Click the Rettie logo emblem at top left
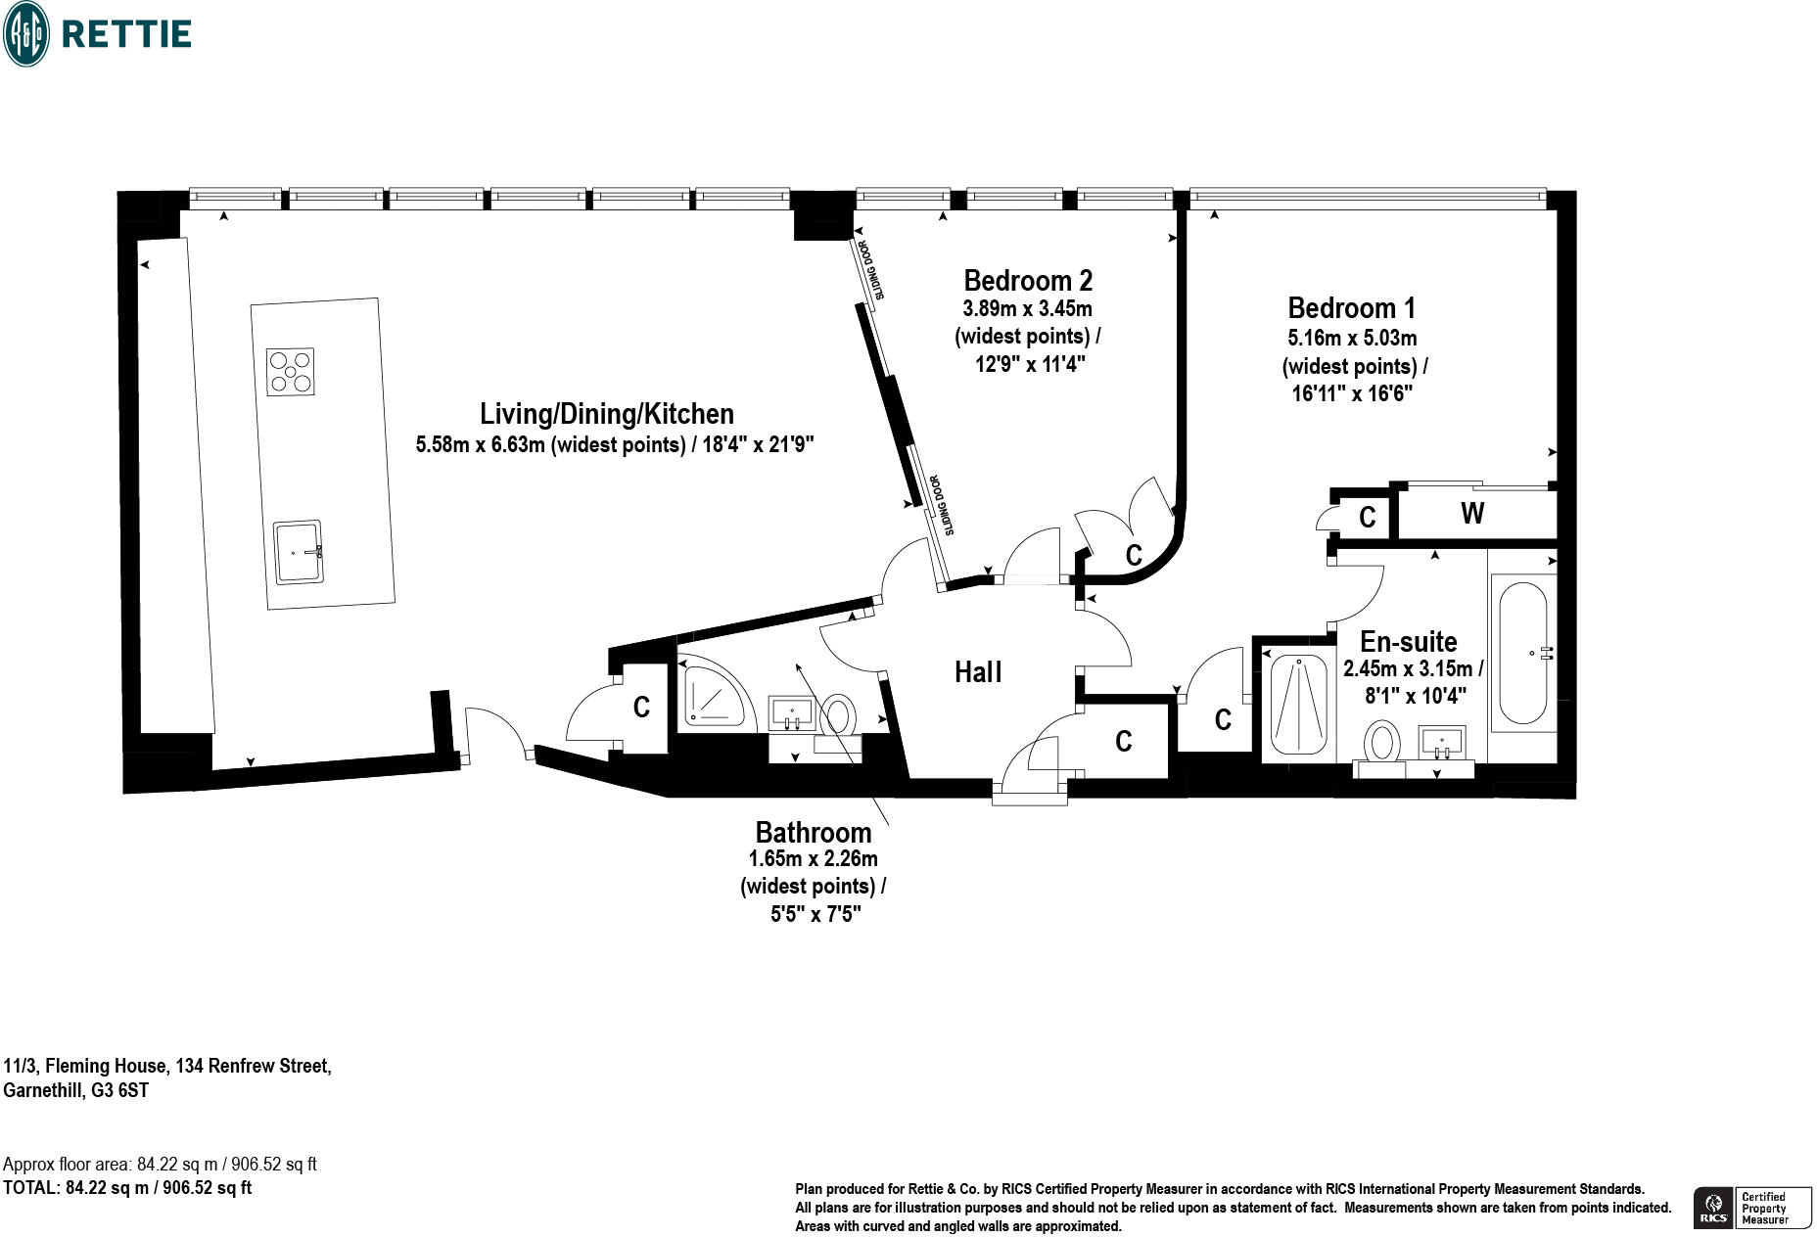(x=25, y=33)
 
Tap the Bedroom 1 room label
(x=1351, y=308)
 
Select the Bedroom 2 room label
(x=1028, y=281)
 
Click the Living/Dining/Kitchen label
(x=606, y=414)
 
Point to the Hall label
(x=978, y=672)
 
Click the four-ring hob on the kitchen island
(x=291, y=372)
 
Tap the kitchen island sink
(x=298, y=552)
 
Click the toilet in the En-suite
(x=1382, y=742)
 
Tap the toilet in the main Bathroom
(x=838, y=715)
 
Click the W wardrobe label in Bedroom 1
(x=1471, y=513)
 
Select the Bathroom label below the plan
(x=813, y=833)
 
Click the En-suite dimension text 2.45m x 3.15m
(x=1413, y=669)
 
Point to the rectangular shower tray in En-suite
(x=1298, y=704)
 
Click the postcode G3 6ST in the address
(x=119, y=1090)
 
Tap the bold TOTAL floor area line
(x=127, y=1188)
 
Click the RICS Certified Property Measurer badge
(x=1751, y=1208)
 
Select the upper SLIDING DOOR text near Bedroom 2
(x=871, y=269)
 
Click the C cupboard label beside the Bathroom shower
(x=641, y=708)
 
